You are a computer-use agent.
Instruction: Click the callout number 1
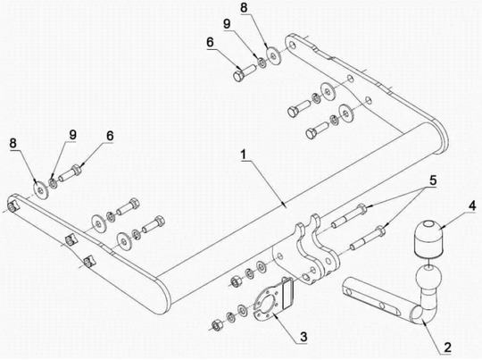244,155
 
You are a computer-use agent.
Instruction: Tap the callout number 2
447,347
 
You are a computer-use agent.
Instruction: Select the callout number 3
303,337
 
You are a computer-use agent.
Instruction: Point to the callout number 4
471,205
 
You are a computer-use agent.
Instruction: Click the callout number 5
433,180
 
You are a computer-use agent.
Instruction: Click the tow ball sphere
428,276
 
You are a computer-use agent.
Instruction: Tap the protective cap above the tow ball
428,239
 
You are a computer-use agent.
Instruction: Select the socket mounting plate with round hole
273,297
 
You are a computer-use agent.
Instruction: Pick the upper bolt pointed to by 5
349,216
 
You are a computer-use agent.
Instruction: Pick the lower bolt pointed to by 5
368,238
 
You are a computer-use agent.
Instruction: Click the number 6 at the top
210,43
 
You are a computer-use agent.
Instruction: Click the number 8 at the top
244,8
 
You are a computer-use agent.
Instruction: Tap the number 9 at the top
227,24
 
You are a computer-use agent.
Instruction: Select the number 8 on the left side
12,143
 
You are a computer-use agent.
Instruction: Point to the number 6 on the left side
110,136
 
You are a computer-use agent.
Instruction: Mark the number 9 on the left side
72,135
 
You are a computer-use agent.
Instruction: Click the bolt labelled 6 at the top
245,71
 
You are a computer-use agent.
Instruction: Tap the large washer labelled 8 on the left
40,189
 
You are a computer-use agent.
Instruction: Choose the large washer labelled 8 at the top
272,55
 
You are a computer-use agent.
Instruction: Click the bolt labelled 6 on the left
71,173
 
